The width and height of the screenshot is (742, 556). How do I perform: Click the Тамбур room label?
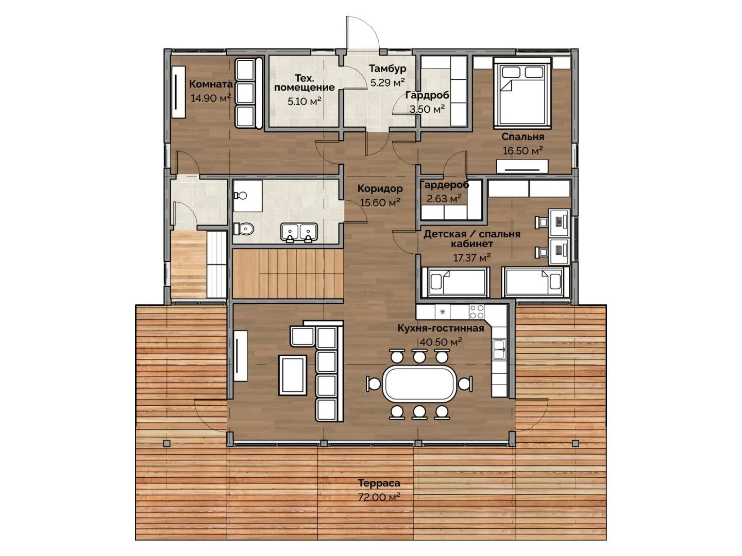coord(387,69)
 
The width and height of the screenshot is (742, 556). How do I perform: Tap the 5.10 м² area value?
coord(304,101)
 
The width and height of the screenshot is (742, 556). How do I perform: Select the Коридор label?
coord(380,188)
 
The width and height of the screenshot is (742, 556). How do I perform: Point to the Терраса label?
coord(379,483)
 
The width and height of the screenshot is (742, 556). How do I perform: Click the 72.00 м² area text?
coord(379,497)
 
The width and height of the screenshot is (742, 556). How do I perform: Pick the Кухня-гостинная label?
coord(441,328)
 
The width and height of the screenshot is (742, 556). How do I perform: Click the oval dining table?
coord(419,384)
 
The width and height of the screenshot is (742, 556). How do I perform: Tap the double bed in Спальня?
coord(522,93)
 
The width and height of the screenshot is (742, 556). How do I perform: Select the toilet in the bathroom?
coord(243,229)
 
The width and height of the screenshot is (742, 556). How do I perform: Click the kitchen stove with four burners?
coord(476,311)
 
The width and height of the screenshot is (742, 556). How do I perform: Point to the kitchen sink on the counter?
coord(499,350)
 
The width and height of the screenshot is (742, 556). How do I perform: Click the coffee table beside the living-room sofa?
coord(292,375)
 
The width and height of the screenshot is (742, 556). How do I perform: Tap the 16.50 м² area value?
coord(522,150)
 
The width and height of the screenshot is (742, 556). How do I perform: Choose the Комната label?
coord(211,84)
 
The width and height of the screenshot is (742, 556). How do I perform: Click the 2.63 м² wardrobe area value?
coord(444,199)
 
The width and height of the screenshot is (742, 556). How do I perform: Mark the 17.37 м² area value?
coord(471,257)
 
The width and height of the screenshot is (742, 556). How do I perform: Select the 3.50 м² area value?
coord(427,109)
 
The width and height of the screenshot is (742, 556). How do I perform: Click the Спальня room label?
coord(522,137)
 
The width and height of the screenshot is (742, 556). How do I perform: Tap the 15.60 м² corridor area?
coord(380,202)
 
